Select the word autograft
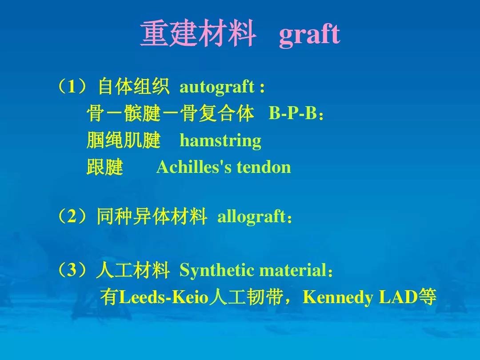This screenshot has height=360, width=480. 217,87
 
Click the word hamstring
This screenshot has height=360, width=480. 220,141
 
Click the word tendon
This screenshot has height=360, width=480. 264,168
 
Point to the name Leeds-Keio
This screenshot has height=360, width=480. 164,297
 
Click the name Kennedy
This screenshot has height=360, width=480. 338,297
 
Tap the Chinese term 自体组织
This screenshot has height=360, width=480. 133,87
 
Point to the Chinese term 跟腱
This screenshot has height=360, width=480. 105,167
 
